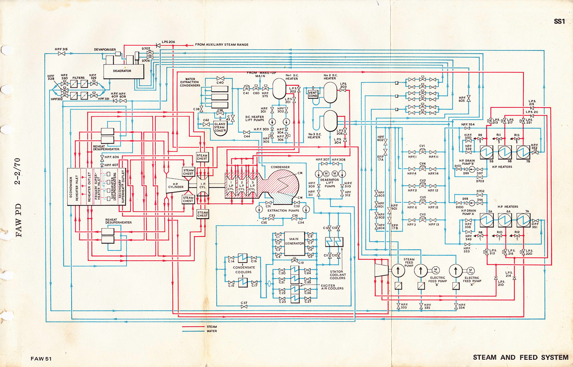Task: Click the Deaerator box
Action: point(122,71)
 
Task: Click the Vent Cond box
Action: point(313,94)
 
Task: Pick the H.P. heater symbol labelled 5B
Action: point(486,152)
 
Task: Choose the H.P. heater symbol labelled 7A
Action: point(523,221)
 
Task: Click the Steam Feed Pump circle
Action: point(398,270)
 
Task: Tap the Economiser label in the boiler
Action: point(71,187)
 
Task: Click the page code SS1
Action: point(559,21)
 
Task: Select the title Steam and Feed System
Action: point(520,357)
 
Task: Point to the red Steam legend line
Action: point(193,327)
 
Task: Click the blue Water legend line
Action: point(193,331)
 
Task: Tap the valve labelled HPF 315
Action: point(61,53)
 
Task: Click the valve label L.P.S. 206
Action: point(168,42)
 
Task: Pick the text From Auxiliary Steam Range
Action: point(222,45)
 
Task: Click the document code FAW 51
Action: point(41,359)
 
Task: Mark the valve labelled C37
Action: point(244,307)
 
